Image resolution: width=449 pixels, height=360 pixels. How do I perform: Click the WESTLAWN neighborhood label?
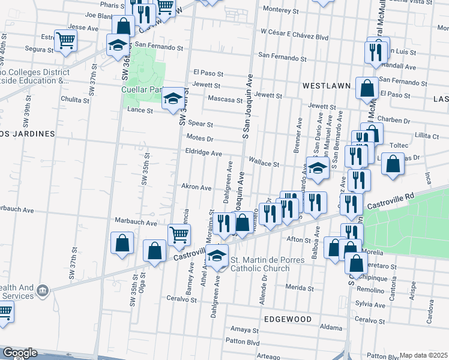point(327,86)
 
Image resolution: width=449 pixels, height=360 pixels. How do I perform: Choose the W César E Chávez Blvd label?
point(294,37)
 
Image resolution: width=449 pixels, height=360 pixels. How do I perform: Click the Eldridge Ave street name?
point(203,153)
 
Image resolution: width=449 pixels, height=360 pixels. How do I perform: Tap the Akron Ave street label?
point(197,187)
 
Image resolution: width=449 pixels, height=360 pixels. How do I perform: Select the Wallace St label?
point(264,164)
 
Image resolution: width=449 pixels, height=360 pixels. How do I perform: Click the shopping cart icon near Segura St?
point(66,40)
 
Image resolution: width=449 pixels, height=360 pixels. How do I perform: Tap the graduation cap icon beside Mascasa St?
point(173,98)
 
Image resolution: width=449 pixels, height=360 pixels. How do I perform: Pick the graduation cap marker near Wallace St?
point(318,168)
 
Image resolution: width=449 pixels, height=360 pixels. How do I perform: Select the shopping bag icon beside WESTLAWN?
point(366,88)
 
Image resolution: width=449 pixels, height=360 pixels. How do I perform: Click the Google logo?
point(19,353)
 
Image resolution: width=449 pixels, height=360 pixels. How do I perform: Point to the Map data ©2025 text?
point(424,355)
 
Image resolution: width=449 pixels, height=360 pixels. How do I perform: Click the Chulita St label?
point(75,100)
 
